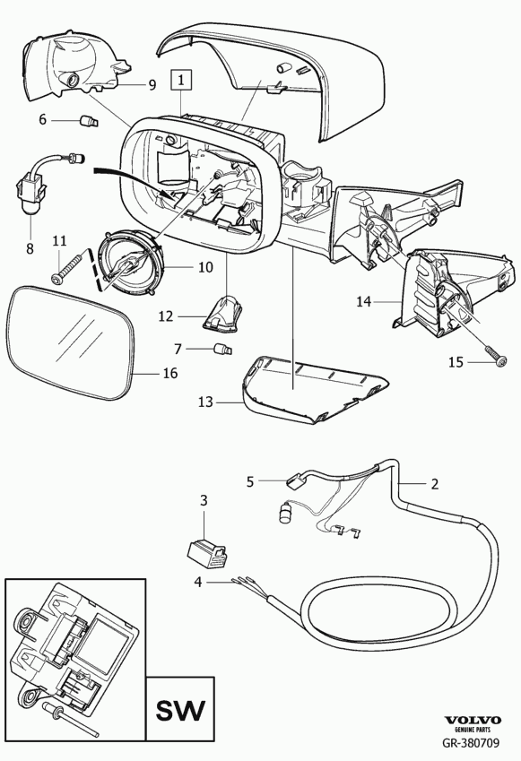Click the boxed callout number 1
click(181, 80)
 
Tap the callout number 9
click(152, 85)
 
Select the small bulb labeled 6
click(90, 120)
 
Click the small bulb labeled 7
click(223, 349)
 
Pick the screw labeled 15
click(496, 354)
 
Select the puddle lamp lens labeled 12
click(224, 314)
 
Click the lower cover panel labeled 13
click(315, 388)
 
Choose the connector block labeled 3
click(208, 553)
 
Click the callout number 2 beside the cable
click(434, 484)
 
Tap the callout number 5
click(250, 481)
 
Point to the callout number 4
click(197, 582)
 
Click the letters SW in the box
click(180, 711)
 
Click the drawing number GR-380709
click(470, 742)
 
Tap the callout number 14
click(363, 301)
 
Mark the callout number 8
click(30, 248)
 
